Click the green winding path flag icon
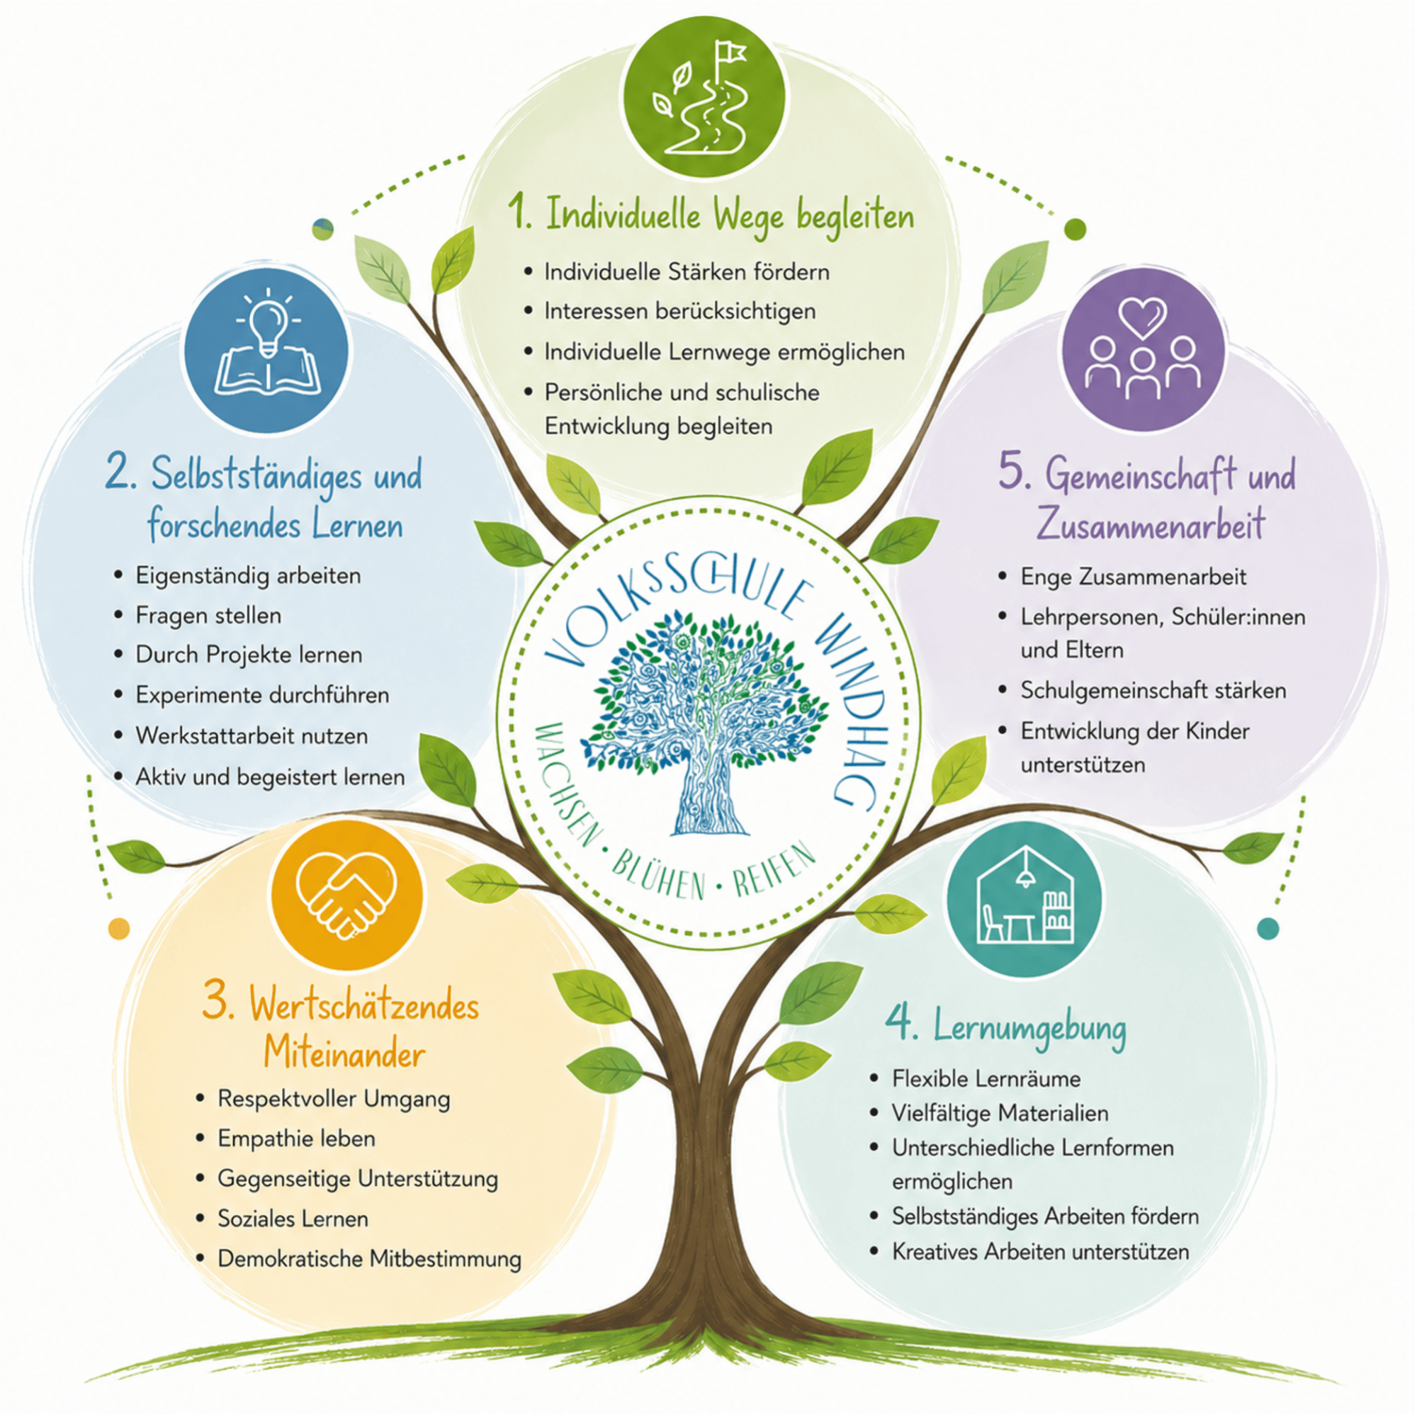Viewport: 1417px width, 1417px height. (704, 98)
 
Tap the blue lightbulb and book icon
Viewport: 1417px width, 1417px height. (268, 351)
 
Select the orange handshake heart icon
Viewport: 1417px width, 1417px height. (347, 897)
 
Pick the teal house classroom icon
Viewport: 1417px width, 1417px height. (1025, 898)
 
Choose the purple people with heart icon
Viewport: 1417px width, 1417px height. (1143, 350)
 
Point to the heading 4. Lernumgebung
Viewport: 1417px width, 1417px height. (1005, 1026)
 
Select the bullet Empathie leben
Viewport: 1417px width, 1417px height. (296, 1139)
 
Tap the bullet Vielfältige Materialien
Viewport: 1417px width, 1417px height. (1000, 1112)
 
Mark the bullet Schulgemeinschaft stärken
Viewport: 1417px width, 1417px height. (1153, 690)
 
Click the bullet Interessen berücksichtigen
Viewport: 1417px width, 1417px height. (680, 311)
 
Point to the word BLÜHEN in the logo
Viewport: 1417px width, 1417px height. (658, 876)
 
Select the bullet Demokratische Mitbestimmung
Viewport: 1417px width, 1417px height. (370, 1258)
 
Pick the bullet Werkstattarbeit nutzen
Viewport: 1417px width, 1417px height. (252, 735)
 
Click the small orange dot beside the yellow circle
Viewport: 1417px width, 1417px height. (119, 929)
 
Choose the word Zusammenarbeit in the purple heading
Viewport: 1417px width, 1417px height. (1151, 524)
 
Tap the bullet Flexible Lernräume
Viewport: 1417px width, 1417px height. (986, 1078)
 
